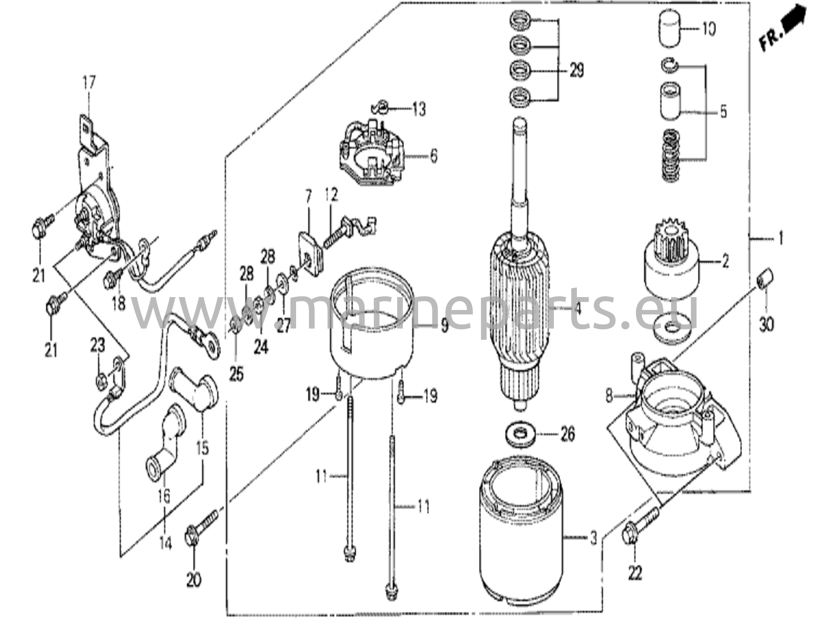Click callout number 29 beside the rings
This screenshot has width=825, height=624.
(576, 71)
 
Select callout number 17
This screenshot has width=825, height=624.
(89, 83)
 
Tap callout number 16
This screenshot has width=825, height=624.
(164, 496)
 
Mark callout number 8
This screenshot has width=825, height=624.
(609, 396)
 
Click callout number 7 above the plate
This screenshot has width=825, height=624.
(309, 197)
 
